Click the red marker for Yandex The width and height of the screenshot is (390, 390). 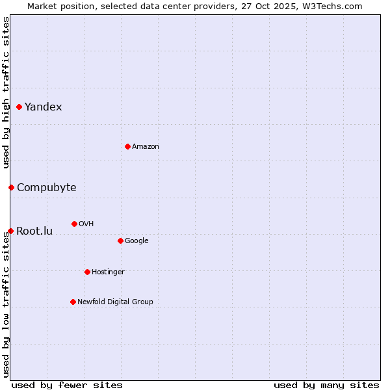(x=19, y=107)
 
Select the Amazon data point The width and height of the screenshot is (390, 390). (x=127, y=146)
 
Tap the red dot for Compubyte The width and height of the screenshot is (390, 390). (x=11, y=187)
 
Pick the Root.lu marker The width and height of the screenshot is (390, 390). (x=10, y=231)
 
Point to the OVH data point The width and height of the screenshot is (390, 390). (x=74, y=224)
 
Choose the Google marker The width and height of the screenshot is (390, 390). (x=120, y=240)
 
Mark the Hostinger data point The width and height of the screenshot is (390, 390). (x=87, y=272)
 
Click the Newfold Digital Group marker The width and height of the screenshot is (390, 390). (x=73, y=302)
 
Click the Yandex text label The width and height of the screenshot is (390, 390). (x=44, y=107)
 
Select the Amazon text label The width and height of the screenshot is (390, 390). (x=146, y=146)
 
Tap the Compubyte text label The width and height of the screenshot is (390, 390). (x=47, y=187)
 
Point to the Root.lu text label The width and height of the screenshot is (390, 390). (x=34, y=231)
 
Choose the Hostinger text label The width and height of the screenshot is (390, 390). (x=108, y=272)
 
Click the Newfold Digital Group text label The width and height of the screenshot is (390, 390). (x=115, y=302)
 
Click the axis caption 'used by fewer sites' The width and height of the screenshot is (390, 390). (x=67, y=385)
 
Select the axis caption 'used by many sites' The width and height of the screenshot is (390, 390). (x=326, y=385)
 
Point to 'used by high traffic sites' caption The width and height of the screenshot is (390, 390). (x=6, y=92)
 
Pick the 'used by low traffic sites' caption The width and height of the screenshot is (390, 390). (x=6, y=304)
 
